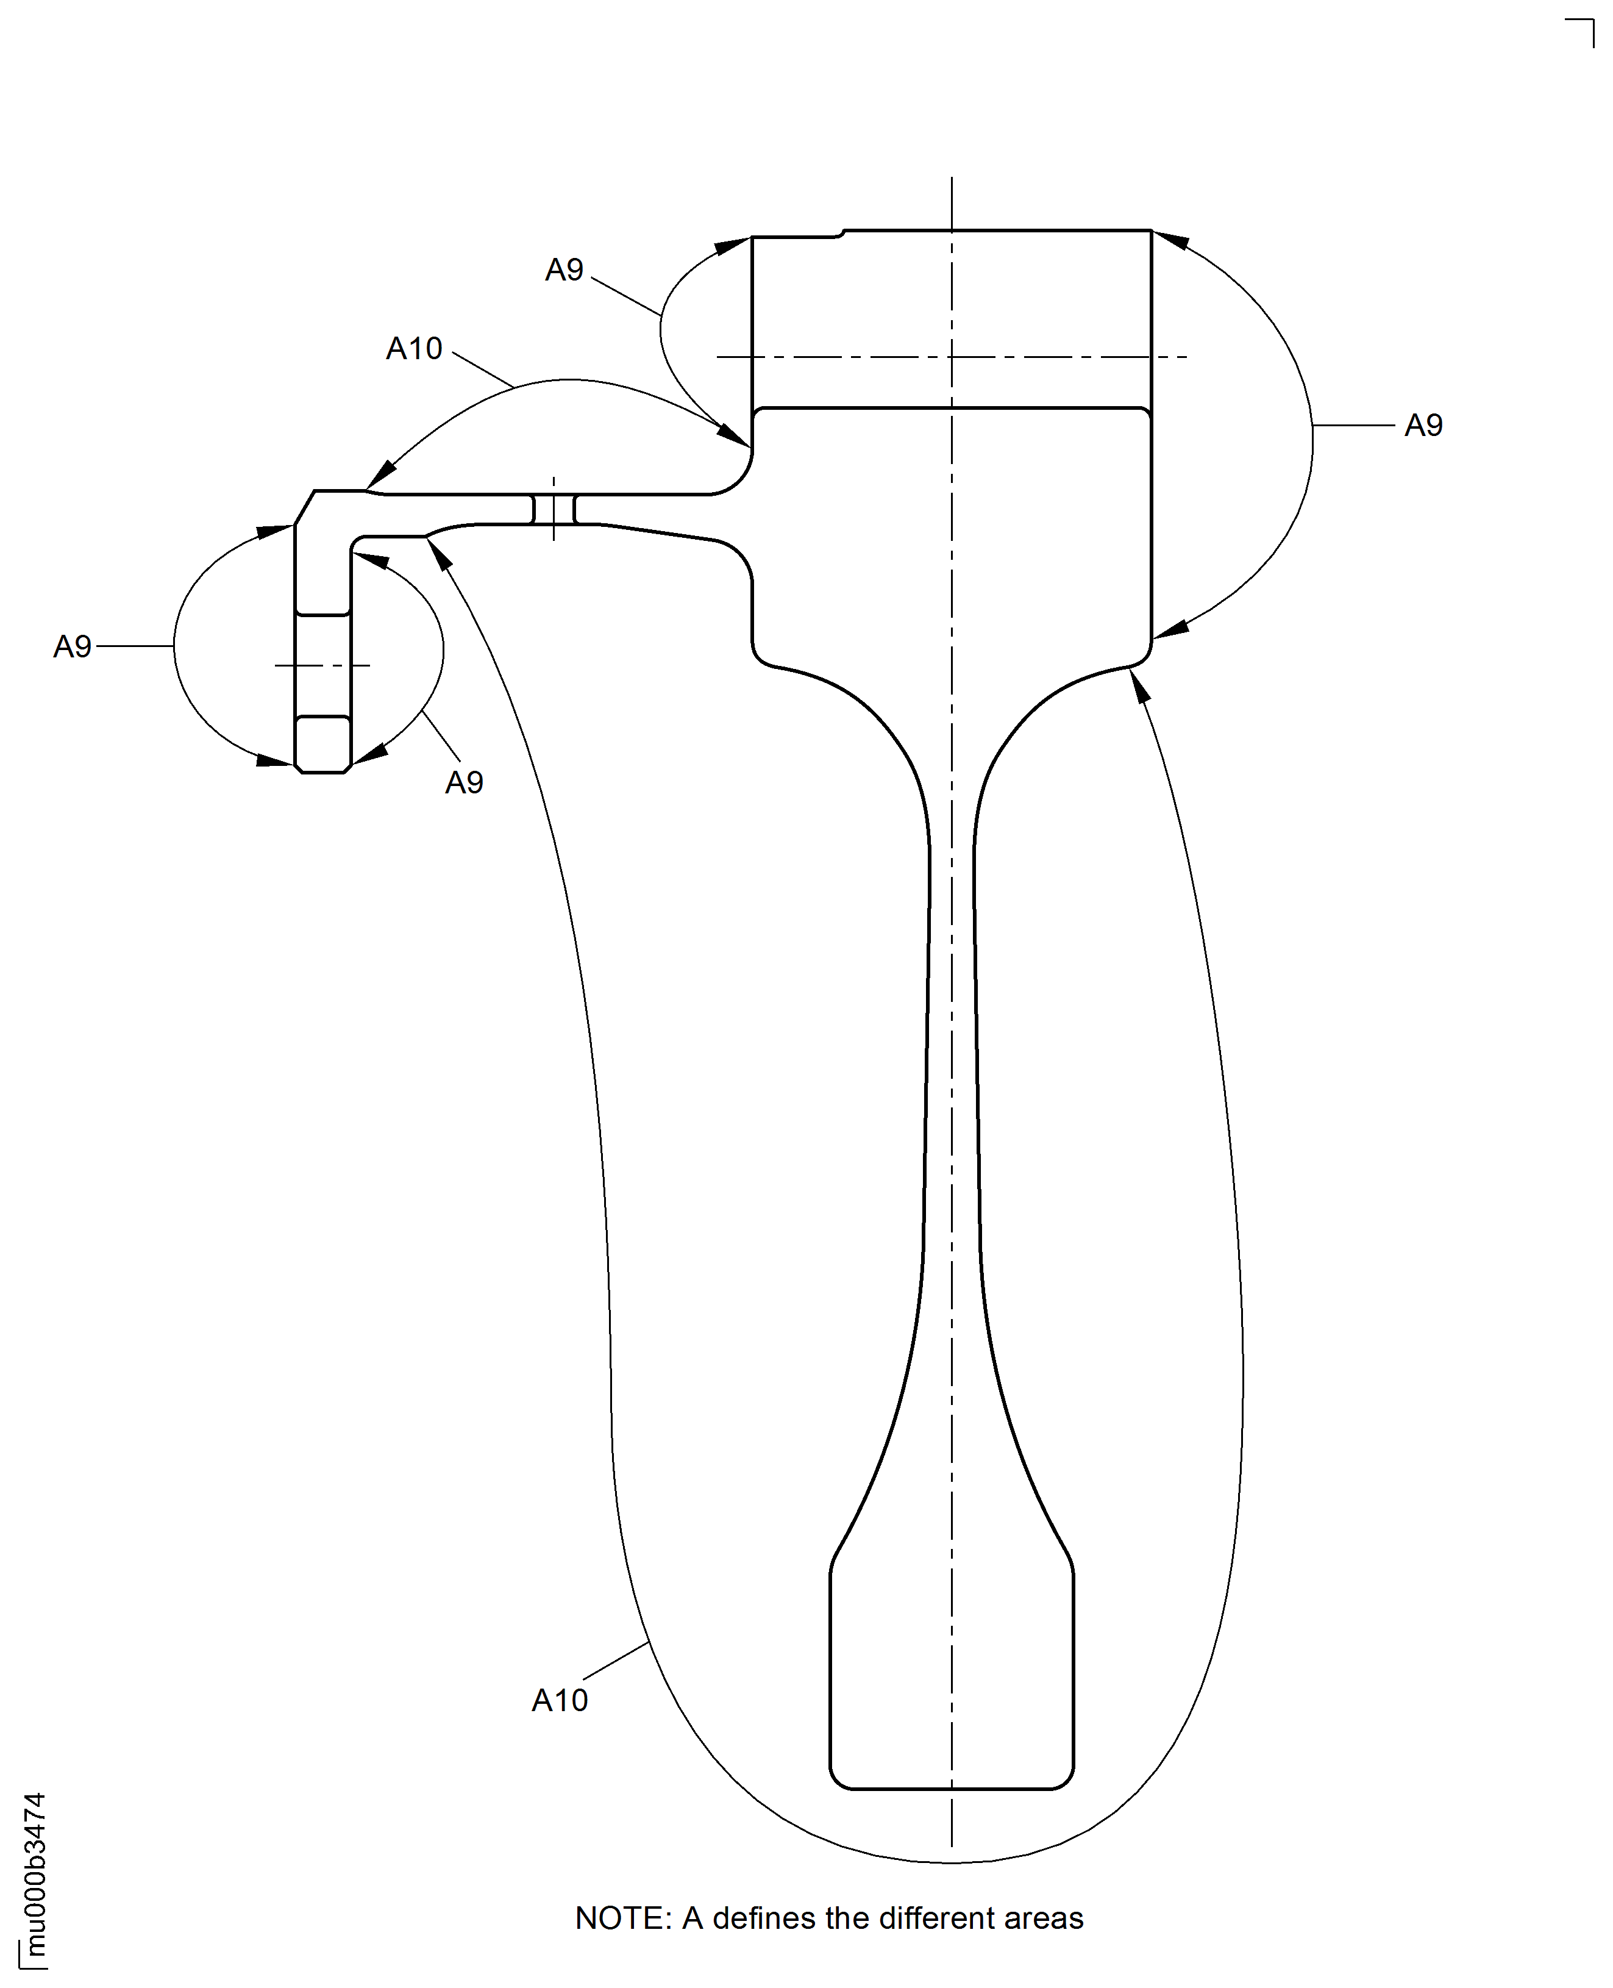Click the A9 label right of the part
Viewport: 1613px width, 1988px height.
tap(1423, 426)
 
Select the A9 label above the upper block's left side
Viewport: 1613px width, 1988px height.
tap(564, 270)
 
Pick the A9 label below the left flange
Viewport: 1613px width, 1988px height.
tap(464, 782)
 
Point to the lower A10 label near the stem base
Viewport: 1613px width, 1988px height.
tap(560, 1700)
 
